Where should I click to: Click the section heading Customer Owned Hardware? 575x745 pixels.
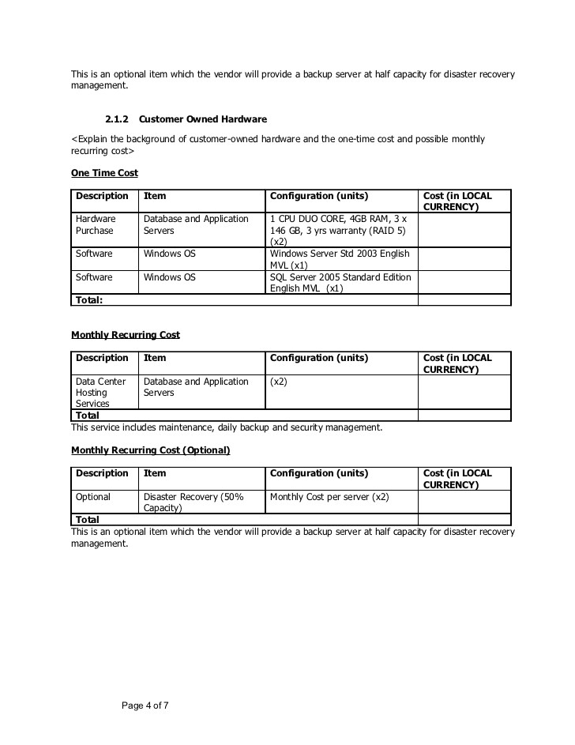[202, 119]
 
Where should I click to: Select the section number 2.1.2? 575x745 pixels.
[118, 119]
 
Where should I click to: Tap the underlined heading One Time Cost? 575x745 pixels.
[104, 172]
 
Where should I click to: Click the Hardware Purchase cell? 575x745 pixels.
[96, 224]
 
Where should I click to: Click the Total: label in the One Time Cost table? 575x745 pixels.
[90, 300]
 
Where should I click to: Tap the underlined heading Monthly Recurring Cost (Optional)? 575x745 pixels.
[150, 450]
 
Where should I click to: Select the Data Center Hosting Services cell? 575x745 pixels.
[100, 392]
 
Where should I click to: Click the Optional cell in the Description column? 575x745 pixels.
[93, 497]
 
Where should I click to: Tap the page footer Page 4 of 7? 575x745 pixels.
[145, 705]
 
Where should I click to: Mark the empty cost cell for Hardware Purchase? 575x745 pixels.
[464, 230]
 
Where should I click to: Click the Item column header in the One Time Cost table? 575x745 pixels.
[156, 196]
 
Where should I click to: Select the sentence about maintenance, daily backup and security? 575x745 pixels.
[227, 427]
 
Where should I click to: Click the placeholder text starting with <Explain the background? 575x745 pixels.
[277, 145]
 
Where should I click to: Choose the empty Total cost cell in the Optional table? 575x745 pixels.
[464, 520]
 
